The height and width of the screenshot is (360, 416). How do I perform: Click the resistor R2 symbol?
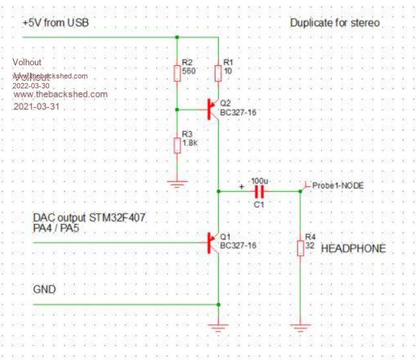(x=177, y=73)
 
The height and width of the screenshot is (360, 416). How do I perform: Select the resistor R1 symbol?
(x=218, y=73)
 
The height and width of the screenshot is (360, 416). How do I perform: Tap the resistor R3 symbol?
(x=177, y=144)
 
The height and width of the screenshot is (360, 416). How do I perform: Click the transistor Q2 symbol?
(x=213, y=109)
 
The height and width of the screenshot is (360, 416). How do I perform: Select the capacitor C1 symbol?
(x=258, y=191)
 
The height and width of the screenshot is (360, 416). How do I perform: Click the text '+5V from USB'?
(x=55, y=23)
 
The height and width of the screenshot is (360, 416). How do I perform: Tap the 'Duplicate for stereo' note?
(x=334, y=23)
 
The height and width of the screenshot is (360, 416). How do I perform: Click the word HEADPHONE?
(x=353, y=249)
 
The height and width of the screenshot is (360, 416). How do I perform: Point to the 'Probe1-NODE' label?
(x=338, y=186)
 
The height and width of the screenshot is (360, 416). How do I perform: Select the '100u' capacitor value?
(x=258, y=180)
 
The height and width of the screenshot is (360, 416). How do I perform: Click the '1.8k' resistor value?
(x=190, y=142)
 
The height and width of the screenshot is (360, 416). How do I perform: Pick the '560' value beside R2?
(x=190, y=70)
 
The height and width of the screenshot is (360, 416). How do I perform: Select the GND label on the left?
(x=44, y=289)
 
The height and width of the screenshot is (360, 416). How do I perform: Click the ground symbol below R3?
(x=177, y=185)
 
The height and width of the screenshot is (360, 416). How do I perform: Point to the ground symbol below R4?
(x=300, y=325)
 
